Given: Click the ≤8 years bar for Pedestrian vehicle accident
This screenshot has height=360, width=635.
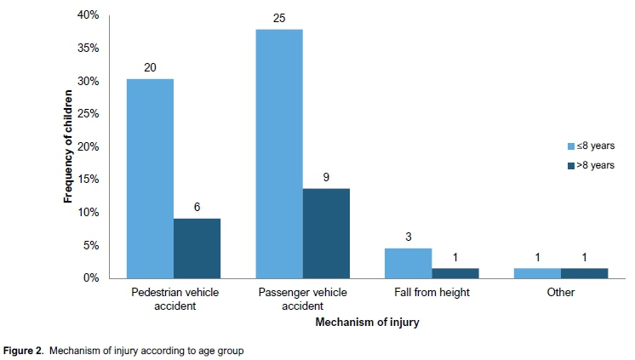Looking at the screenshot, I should tap(150, 179).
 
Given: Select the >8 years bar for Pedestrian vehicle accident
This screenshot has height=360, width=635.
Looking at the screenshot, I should tap(197, 249).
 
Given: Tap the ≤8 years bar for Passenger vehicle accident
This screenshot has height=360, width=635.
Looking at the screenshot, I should tap(278, 154).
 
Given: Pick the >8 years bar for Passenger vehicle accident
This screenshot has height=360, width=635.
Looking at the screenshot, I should tap(326, 233).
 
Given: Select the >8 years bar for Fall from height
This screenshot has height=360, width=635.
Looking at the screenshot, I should tap(455, 273).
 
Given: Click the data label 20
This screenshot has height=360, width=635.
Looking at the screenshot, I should tap(150, 66).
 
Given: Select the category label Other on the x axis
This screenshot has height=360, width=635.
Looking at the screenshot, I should tap(561, 292).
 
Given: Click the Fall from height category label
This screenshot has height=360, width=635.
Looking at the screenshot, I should tap(432, 292).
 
